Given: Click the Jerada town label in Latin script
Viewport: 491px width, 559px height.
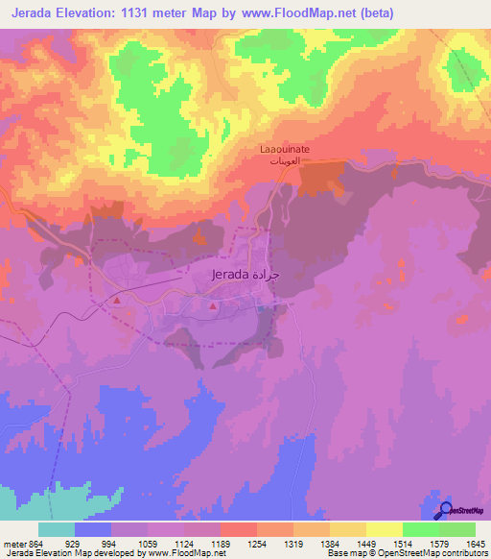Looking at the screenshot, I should coord(230,274).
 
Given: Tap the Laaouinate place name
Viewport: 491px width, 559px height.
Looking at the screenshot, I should coord(286,150).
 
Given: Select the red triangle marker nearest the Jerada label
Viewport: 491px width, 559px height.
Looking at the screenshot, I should coord(212,306).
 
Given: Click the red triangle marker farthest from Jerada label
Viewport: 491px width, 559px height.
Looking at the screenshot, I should coord(117,301).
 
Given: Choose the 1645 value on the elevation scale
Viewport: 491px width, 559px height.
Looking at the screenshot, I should coord(475,544).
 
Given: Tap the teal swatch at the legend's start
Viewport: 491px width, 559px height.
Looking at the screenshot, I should coord(57,529).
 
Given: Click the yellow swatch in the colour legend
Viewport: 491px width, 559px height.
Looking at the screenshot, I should coord(384,529).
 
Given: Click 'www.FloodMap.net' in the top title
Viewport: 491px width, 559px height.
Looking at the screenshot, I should coord(307,12).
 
